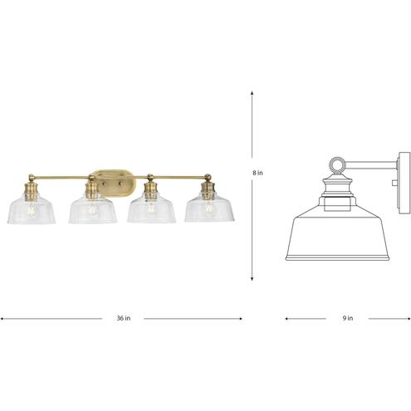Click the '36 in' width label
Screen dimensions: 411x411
(122, 318)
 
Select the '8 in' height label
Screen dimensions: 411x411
(259, 173)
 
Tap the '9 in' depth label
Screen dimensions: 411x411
(347, 318)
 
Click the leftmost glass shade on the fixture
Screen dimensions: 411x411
(32, 209)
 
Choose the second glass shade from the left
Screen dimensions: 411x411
(91, 209)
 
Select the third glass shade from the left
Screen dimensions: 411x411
(150, 209)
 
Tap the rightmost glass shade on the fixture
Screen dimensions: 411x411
(208, 209)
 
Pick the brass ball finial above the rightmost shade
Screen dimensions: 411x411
(208, 175)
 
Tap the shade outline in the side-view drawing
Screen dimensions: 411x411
(337, 232)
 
